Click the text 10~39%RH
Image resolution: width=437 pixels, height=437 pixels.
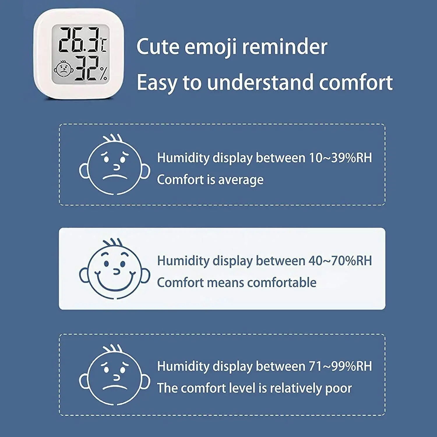340,158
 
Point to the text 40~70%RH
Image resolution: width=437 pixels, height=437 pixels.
340,261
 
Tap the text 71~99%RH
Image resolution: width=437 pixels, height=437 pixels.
340,366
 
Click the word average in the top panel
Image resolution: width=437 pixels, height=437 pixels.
241,180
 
